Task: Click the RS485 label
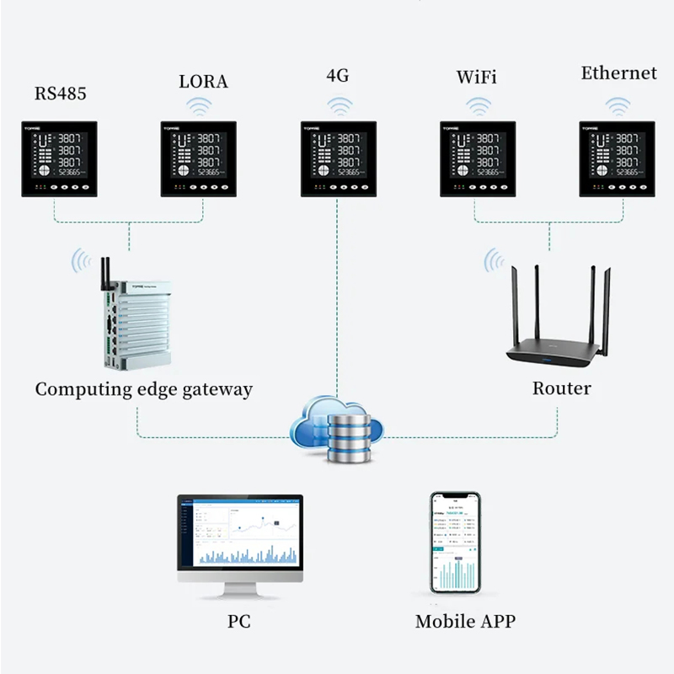click(x=60, y=93)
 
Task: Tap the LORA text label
click(x=203, y=82)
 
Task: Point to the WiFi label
click(x=476, y=78)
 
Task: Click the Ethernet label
click(x=618, y=73)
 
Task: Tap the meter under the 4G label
click(x=338, y=158)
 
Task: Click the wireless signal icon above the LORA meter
click(x=200, y=107)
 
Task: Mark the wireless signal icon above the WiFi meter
click(x=479, y=107)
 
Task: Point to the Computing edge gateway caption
click(x=143, y=389)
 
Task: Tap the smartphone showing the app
click(x=454, y=543)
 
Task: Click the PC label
click(x=238, y=622)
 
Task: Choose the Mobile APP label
click(x=464, y=622)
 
